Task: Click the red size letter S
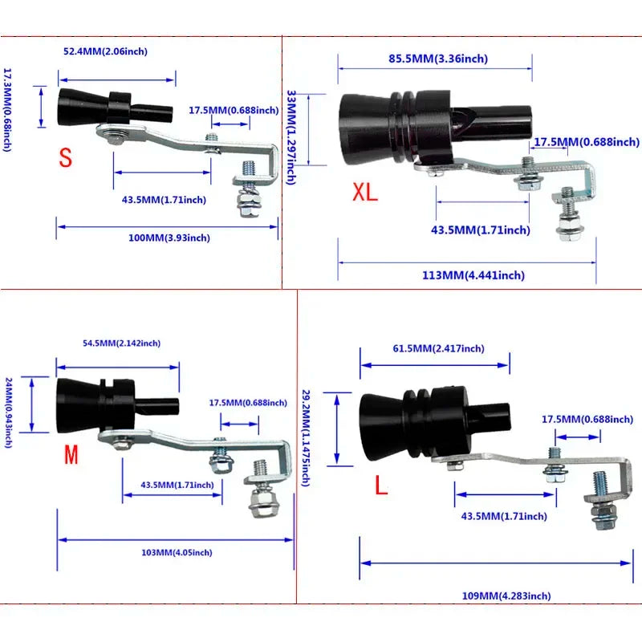click(x=65, y=157)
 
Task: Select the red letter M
click(x=71, y=456)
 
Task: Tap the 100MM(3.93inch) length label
click(x=169, y=238)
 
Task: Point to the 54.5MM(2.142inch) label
click(x=122, y=343)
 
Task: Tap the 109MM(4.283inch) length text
click(x=508, y=595)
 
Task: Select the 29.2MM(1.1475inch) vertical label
click(x=306, y=437)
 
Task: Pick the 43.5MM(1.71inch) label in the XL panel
click(x=481, y=230)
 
